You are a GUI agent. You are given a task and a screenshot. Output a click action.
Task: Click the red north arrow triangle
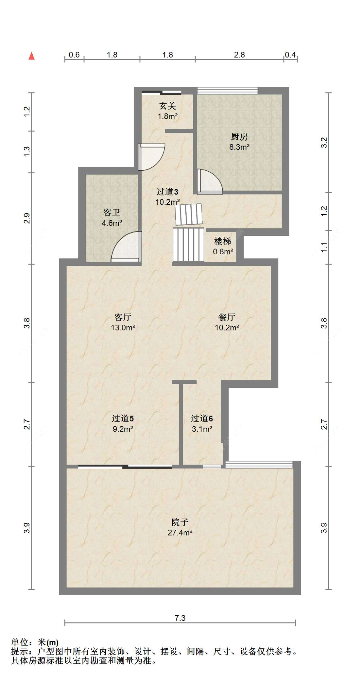click(31, 56)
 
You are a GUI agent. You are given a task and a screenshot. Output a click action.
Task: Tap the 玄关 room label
click(168, 106)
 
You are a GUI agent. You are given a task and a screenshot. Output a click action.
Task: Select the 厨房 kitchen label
click(239, 137)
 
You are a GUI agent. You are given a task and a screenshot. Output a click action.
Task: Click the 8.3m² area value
click(239, 147)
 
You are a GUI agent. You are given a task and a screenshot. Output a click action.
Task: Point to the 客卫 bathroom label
click(112, 212)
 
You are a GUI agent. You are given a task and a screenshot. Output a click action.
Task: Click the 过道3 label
click(167, 192)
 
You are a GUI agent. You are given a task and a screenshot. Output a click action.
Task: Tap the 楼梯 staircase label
click(222, 241)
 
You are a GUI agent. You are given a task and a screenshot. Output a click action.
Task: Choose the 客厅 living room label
click(123, 317)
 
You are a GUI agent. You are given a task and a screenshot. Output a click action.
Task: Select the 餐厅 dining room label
click(227, 317)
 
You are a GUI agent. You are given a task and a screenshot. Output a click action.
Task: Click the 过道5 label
click(123, 418)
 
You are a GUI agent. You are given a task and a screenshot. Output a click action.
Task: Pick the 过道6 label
click(202, 418)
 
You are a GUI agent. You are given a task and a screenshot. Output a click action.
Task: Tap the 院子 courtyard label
click(180, 522)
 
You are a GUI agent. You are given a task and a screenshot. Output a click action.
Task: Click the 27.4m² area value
click(180, 533)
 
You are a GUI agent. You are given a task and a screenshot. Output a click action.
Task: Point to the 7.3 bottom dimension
click(180, 618)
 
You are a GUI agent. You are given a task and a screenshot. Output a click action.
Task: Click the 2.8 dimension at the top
click(239, 55)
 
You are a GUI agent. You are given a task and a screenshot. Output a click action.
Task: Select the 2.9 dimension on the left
click(27, 218)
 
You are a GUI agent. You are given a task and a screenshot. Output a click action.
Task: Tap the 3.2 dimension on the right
click(324, 142)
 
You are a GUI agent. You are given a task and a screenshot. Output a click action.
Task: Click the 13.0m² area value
click(123, 328)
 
